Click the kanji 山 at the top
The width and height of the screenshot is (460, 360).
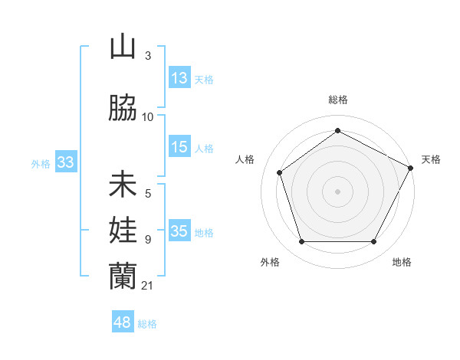(x=123, y=47)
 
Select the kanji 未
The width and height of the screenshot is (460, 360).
(x=123, y=185)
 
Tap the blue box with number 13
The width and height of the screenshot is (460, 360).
(x=179, y=78)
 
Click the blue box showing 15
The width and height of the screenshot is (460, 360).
(x=179, y=147)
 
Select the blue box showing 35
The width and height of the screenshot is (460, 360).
(x=179, y=231)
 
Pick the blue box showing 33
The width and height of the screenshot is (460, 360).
(x=64, y=162)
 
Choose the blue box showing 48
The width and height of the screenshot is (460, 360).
(x=123, y=322)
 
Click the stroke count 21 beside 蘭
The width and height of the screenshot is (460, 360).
(x=147, y=286)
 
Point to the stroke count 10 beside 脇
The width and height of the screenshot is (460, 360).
(x=147, y=116)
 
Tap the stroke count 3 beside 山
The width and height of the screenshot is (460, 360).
(x=147, y=56)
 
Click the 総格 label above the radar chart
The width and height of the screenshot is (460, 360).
(x=337, y=100)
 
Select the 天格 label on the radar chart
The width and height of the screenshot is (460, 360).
(x=431, y=159)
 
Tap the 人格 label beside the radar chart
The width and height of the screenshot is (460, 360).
(x=245, y=159)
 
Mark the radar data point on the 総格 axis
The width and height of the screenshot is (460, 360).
(x=337, y=130)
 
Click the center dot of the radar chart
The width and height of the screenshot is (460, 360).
(x=337, y=191)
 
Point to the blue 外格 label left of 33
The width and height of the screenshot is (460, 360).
(x=40, y=163)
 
